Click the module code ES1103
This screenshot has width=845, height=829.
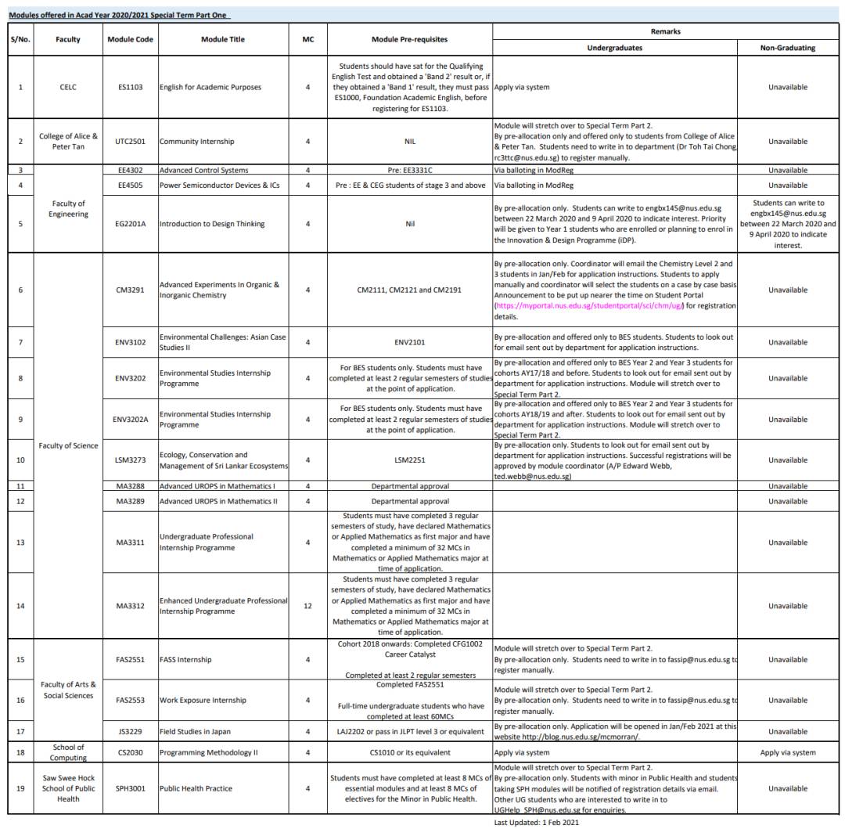129,87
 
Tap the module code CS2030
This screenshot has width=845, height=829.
129,752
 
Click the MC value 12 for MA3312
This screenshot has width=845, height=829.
308,606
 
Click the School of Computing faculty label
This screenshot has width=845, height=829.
68,752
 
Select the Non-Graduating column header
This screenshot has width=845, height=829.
788,47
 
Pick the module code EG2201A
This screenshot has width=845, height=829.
129,223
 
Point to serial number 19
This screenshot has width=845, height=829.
20,788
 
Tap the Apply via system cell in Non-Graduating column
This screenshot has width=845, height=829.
788,752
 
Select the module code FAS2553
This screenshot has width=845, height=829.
129,700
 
